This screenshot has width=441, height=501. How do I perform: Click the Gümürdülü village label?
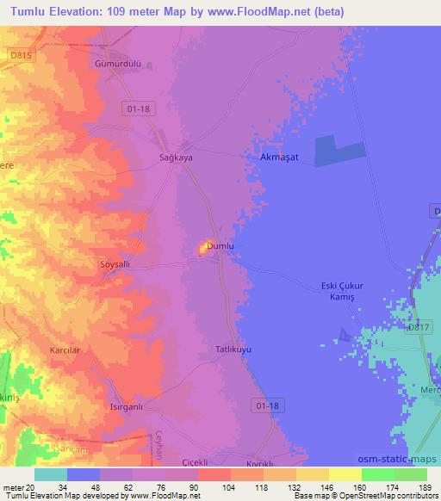pos(117,64)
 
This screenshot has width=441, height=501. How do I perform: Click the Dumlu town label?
pos(220,246)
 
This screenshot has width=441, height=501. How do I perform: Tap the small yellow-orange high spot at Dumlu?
pos(207,248)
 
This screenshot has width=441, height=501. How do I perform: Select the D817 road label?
pos(419,325)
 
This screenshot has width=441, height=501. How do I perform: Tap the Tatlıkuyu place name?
pos(232,350)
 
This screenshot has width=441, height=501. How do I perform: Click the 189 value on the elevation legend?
pos(425,487)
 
